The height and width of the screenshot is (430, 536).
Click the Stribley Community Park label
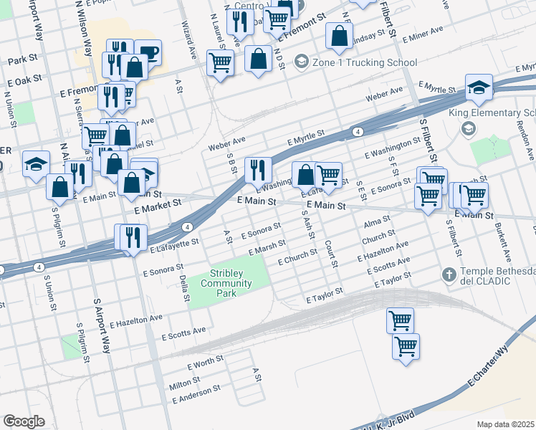tap(231, 278)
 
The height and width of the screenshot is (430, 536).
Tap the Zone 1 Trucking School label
tap(356, 62)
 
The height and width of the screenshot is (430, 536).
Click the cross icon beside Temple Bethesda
tap(449, 274)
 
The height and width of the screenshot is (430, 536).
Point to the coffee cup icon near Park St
tap(148, 52)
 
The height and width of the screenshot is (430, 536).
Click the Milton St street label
tap(181, 385)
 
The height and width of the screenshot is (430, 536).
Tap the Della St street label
tap(185, 287)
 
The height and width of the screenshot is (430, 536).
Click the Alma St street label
tap(377, 220)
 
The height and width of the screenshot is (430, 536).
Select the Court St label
tap(331, 254)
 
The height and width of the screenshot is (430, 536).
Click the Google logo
tap(24, 421)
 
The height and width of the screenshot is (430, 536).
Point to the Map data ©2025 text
tap(506, 424)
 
